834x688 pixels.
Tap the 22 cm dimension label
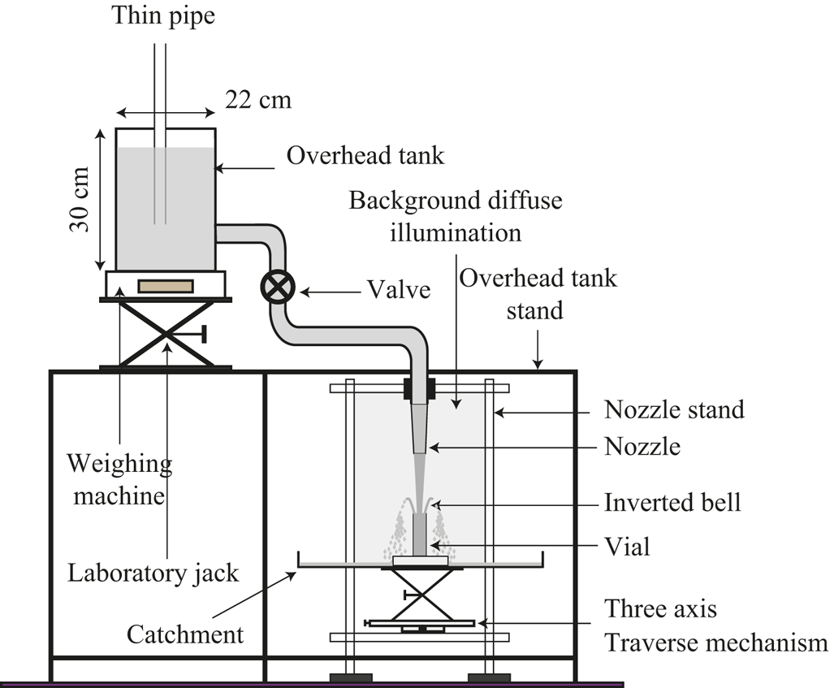tap(257, 100)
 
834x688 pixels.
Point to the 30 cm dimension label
tap(80, 199)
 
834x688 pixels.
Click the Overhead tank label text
tap(365, 155)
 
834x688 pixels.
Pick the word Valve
tap(398, 289)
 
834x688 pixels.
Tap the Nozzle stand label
tap(674, 409)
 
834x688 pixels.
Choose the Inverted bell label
tap(672, 502)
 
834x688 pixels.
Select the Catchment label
tap(185, 634)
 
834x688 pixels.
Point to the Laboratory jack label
tap(153, 573)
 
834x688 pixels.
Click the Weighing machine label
tap(119, 479)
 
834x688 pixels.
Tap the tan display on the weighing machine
tap(166, 286)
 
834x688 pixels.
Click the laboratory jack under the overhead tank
tap(166, 333)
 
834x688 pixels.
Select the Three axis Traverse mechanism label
tap(715, 626)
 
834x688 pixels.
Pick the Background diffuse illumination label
tap(455, 216)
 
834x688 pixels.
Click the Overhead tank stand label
tap(538, 294)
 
